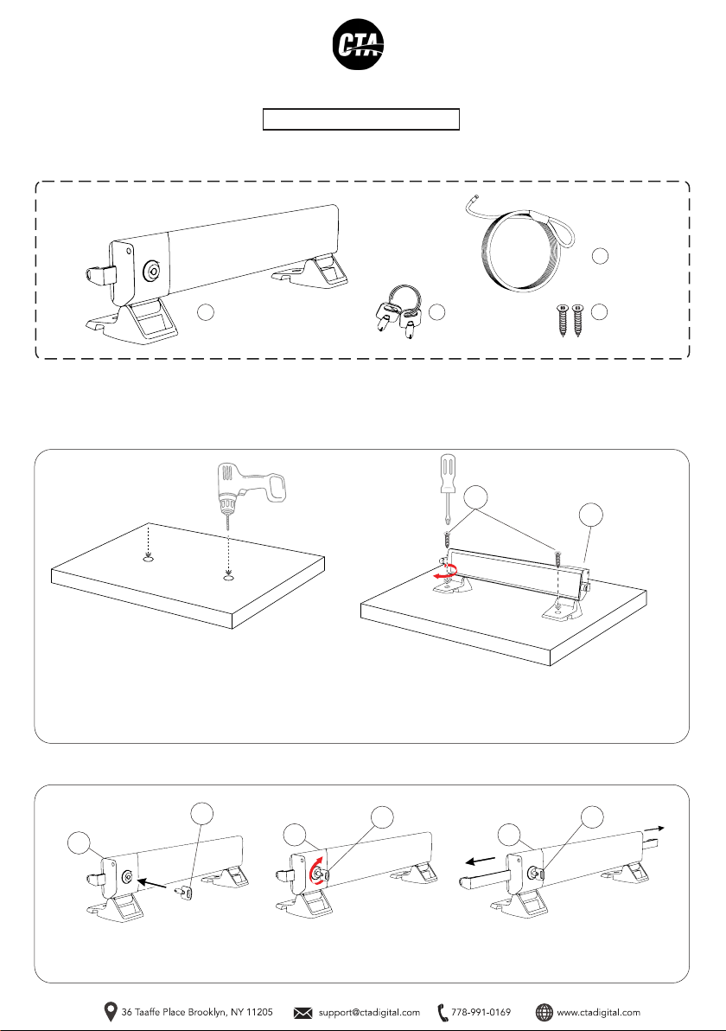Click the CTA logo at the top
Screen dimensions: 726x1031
coord(358,45)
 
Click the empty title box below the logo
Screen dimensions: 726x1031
coord(360,119)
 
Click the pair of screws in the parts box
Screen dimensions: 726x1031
coord(570,320)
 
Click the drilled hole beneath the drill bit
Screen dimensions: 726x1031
coord(227,580)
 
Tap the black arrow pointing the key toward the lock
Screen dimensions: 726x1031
coord(151,881)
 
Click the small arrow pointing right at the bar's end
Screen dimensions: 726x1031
coord(655,829)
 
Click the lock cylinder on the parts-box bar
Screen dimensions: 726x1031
coord(152,269)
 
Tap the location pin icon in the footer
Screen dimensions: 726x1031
coord(111,1012)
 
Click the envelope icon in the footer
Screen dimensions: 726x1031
coord(302,1013)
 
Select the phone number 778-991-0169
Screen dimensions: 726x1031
coord(481,1012)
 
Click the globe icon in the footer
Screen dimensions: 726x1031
coord(544,1013)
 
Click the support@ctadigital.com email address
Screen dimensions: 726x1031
coord(368,1013)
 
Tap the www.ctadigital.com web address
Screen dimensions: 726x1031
coord(599,1013)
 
